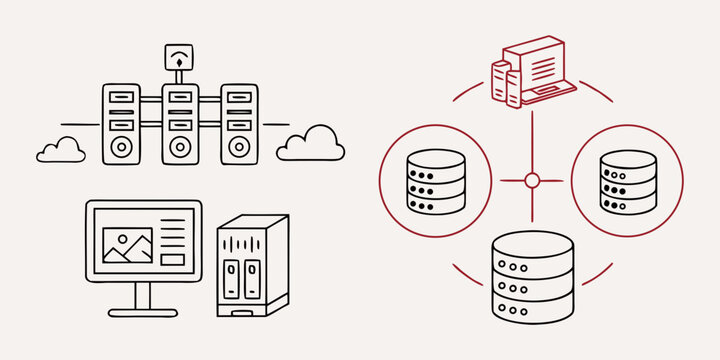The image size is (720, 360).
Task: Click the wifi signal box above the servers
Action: (179, 60)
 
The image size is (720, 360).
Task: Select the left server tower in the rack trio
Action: (121, 124)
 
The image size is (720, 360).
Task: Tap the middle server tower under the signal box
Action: (180, 124)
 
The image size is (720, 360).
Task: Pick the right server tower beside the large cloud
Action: (238, 124)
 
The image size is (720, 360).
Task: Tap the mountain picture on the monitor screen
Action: (128, 245)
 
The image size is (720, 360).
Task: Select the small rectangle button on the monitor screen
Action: (173, 259)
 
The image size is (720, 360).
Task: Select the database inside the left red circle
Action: (436, 181)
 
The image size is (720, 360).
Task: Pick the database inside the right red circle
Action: (628, 181)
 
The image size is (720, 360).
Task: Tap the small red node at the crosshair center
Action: (532, 180)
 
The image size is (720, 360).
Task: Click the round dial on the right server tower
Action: (238, 146)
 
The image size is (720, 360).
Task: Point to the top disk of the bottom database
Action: (533, 244)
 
